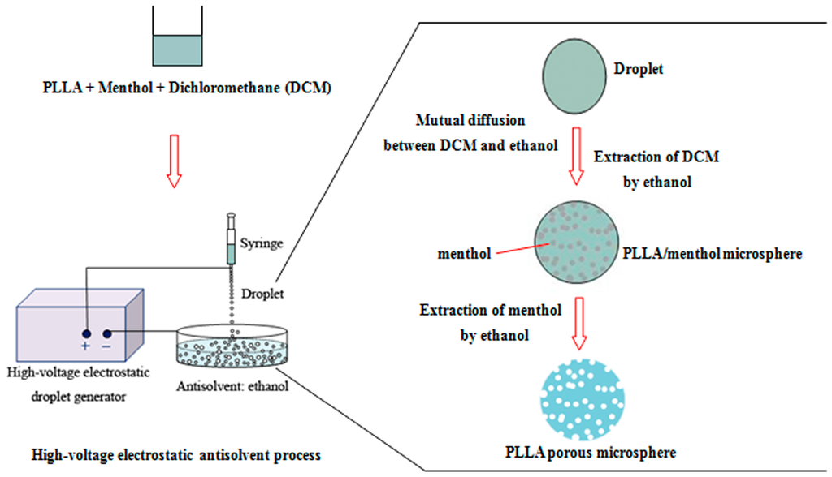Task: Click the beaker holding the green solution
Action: [174, 41]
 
